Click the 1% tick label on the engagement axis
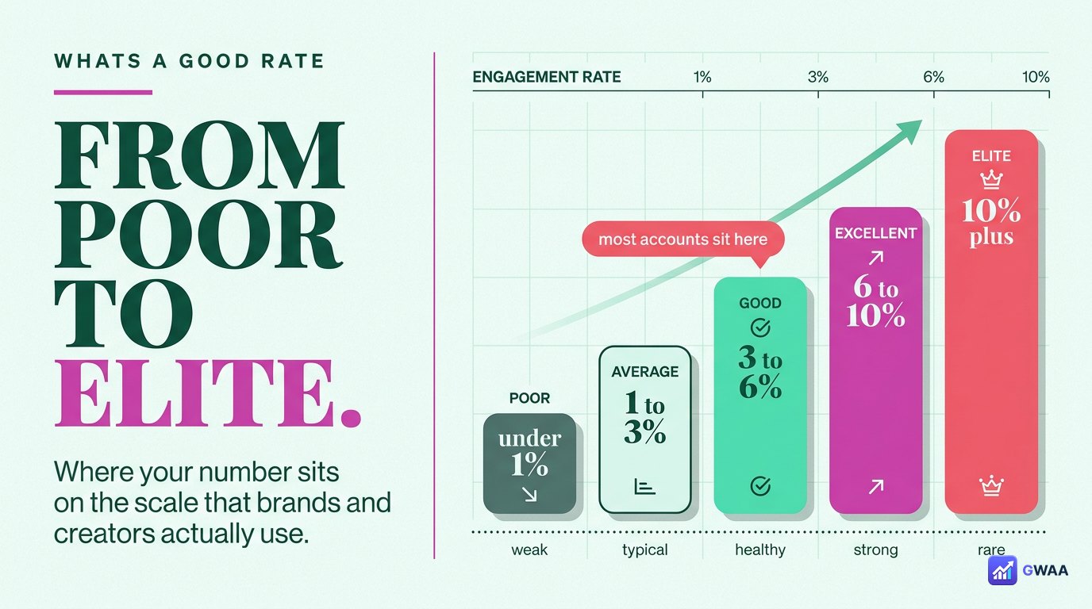click(x=702, y=77)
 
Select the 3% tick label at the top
click(x=818, y=77)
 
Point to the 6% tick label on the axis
click(x=933, y=77)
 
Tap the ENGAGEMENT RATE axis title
click(x=547, y=77)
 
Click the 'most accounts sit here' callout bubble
click(x=683, y=239)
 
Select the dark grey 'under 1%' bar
click(x=529, y=463)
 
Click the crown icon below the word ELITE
click(x=991, y=180)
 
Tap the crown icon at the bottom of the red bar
click(x=991, y=486)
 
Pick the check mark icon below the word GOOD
click(x=760, y=327)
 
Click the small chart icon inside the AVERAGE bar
click(x=644, y=486)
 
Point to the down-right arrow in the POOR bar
click(x=529, y=495)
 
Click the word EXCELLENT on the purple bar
click(x=875, y=233)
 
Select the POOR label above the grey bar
click(x=529, y=398)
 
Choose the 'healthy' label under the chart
click(x=760, y=550)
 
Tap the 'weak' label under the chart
click(x=529, y=550)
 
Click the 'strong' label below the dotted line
click(x=875, y=550)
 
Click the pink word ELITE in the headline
click(x=208, y=393)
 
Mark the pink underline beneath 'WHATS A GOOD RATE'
click(x=103, y=92)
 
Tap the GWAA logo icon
click(x=1002, y=570)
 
